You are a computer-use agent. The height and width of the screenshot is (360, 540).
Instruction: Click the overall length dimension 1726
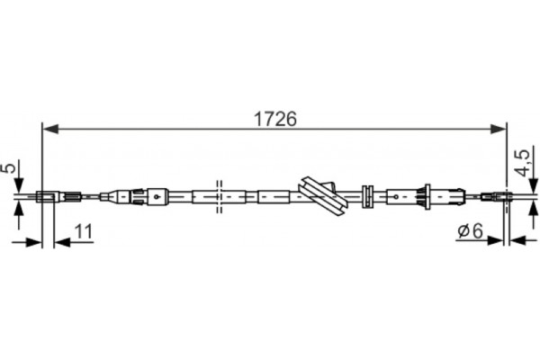pos(274,119)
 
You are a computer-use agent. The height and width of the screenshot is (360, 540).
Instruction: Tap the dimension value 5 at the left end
pos(10,168)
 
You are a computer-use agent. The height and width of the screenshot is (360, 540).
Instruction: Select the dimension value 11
pos(84,231)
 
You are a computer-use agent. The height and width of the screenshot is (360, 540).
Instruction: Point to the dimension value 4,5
pos(524,163)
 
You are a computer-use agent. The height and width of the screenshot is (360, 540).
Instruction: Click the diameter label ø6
pos(471,230)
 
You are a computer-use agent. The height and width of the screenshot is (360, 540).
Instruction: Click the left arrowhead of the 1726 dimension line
pos(49,130)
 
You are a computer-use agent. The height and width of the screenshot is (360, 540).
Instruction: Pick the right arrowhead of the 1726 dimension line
pos(499,130)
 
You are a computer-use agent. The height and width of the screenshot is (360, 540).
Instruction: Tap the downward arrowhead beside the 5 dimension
pos(19,184)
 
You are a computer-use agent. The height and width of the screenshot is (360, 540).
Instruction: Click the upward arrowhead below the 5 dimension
pos(19,207)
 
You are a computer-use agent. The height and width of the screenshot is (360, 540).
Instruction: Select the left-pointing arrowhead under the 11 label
pos(62,242)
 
